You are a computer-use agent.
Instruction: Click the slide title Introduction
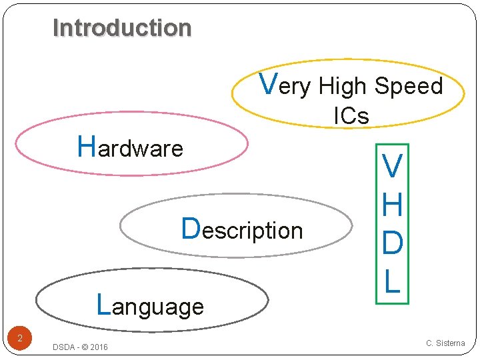tap(122, 28)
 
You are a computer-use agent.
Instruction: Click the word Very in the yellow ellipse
tap(285, 85)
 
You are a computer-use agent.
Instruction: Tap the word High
tap(343, 87)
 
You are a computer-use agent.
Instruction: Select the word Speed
tap(408, 87)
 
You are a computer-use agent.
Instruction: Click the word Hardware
tap(130, 147)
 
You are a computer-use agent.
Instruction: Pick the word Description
tap(243, 230)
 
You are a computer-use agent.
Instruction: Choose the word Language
tap(150, 306)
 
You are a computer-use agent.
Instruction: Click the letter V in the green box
tap(392, 167)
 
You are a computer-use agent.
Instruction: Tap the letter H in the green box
tap(392, 205)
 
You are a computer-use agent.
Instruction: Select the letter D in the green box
tap(392, 243)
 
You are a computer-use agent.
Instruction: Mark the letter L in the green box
tap(392, 281)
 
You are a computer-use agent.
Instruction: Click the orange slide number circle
tap(20, 339)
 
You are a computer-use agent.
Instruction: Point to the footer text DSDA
tap(64, 347)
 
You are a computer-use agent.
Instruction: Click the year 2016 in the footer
tap(98, 347)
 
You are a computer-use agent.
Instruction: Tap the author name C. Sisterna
tap(445, 343)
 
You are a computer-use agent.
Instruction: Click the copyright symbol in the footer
tap(83, 347)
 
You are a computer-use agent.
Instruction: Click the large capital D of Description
tap(191, 228)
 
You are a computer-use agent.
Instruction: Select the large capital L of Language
tap(103, 304)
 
